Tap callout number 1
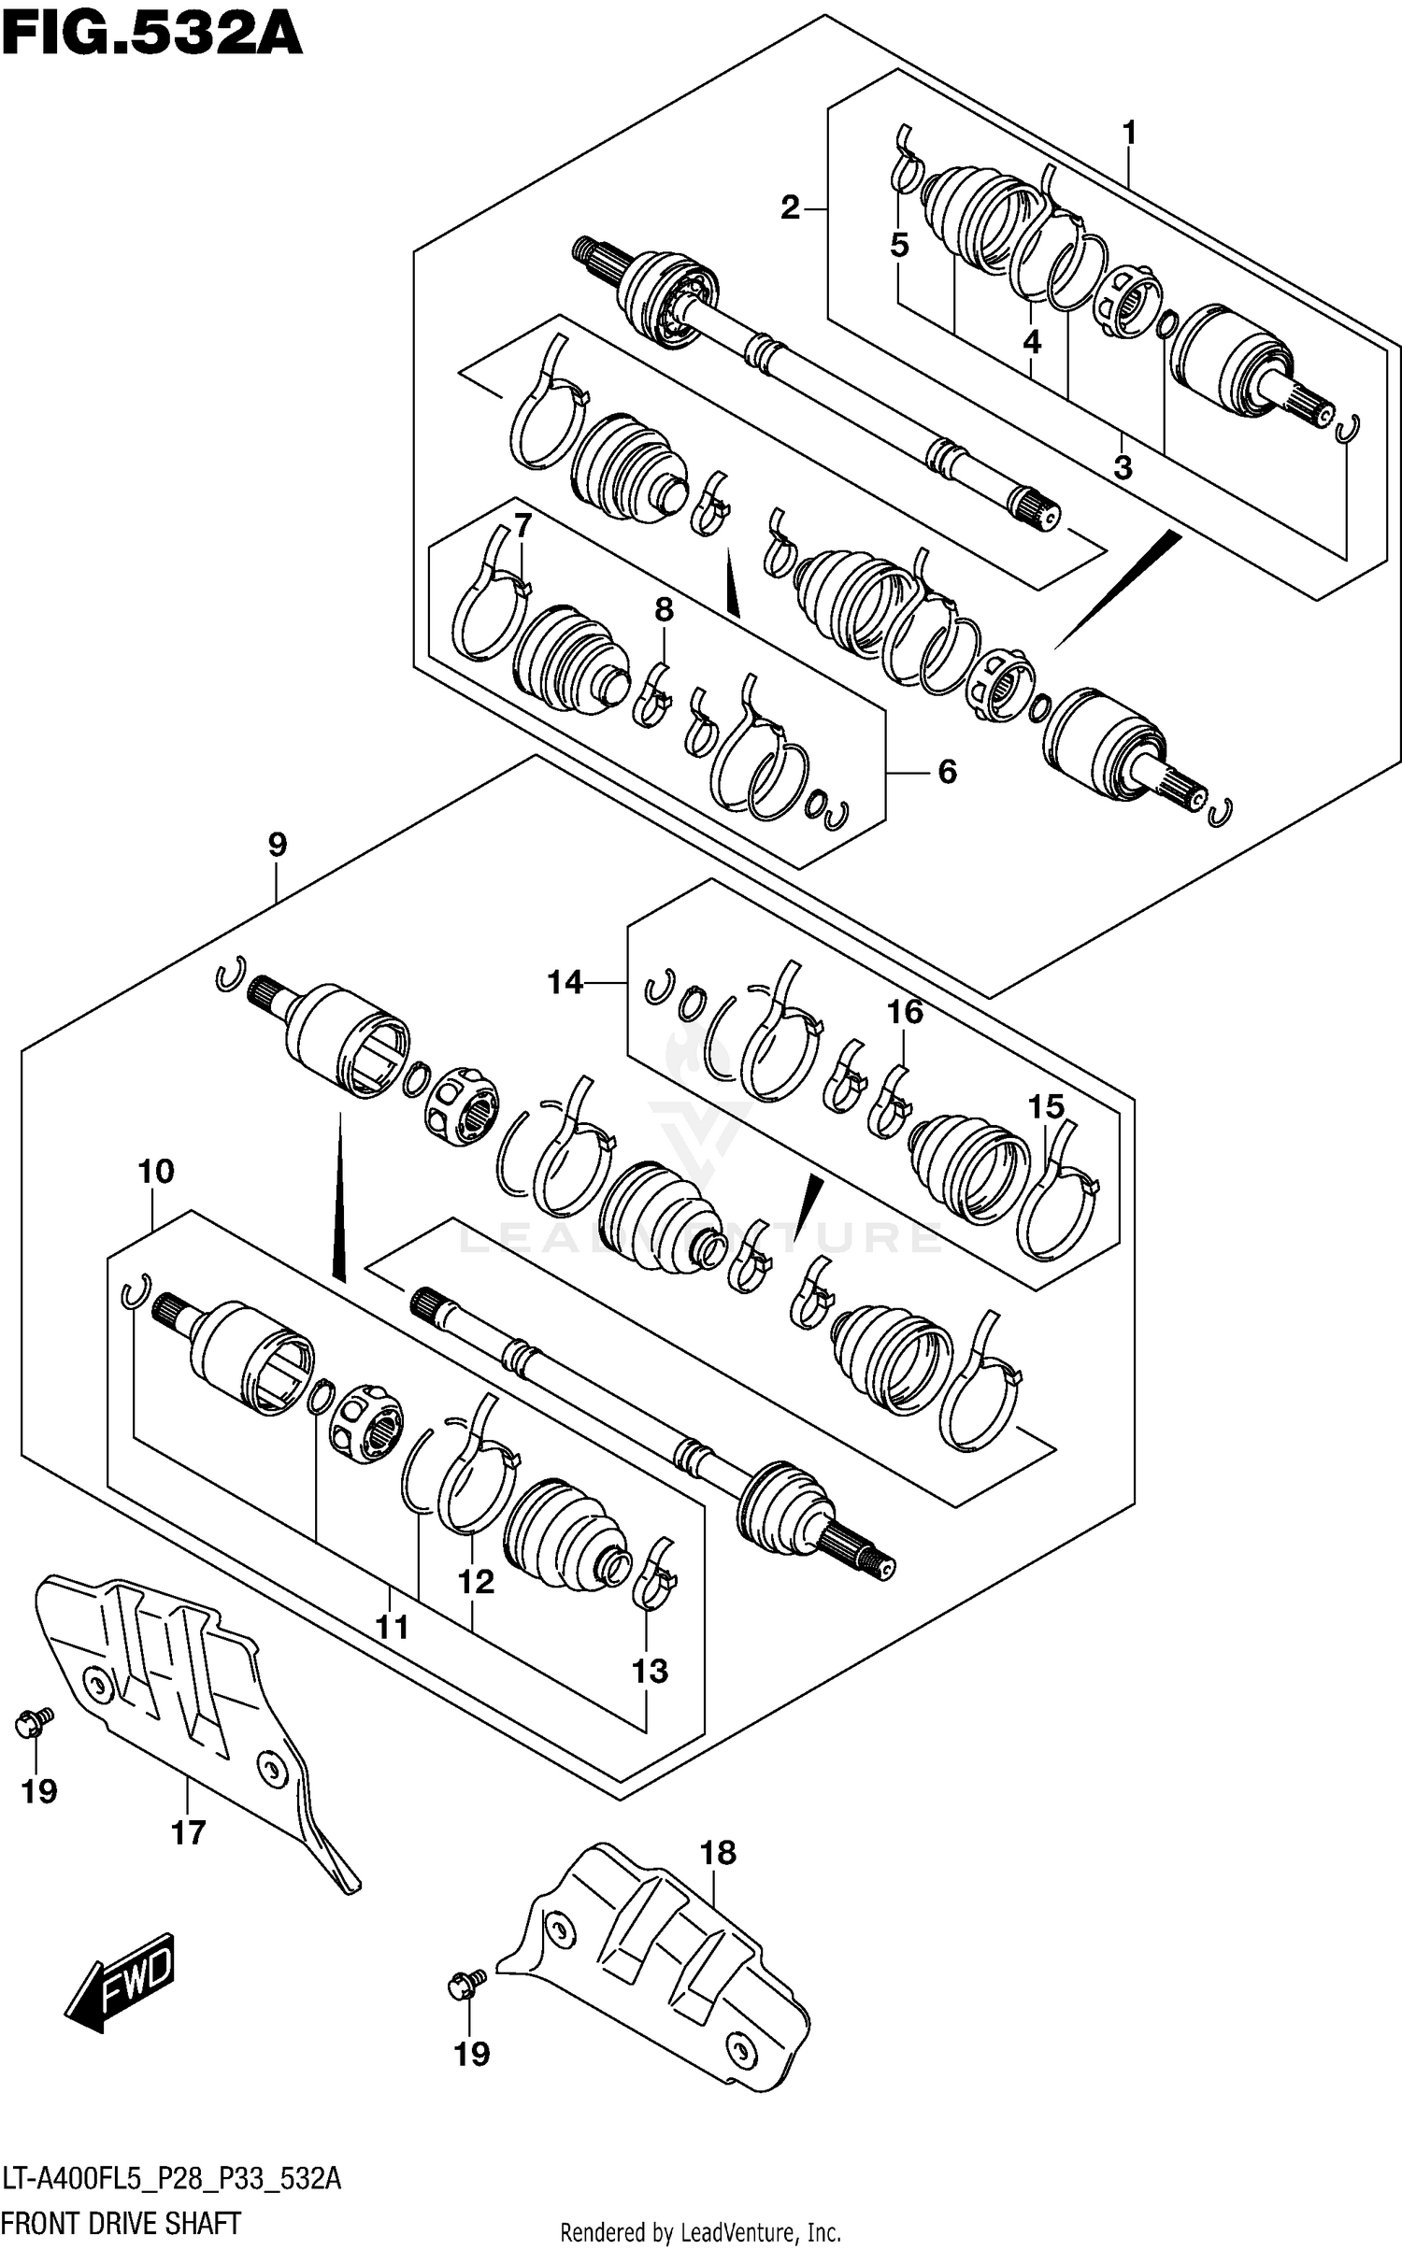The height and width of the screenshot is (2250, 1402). click(1129, 134)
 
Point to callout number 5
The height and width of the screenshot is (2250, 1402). click(899, 246)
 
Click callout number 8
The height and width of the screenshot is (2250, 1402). click(664, 610)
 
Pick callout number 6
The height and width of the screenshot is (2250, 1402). click(947, 772)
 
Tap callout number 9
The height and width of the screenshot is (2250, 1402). click(277, 845)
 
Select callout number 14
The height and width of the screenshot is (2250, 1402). click(565, 982)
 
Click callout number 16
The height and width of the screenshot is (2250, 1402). click(905, 1011)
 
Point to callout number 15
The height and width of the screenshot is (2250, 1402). click(1046, 1107)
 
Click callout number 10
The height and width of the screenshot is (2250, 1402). click(156, 1171)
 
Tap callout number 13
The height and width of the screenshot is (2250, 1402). click(650, 1671)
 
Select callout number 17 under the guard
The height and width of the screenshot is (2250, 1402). click(188, 1832)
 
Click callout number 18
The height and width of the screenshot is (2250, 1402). click(718, 1852)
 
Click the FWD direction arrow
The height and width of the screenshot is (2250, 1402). click(120, 1981)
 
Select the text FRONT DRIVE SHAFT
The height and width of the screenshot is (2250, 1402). click(122, 2222)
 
